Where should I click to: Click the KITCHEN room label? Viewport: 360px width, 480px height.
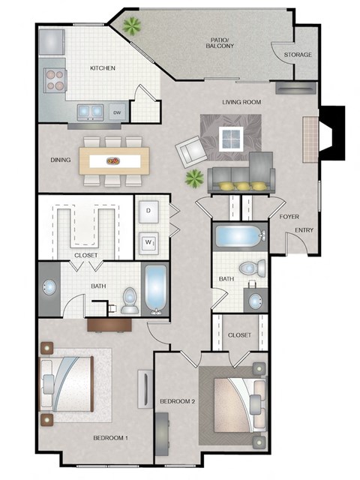tap(102, 68)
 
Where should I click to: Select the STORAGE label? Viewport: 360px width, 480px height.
tap(298, 55)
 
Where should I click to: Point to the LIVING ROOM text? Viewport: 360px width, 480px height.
tap(241, 101)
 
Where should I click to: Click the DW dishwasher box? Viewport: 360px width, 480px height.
tap(117, 112)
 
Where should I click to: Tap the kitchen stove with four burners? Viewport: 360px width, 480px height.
tap(55, 78)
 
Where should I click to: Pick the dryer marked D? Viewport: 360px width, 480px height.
tap(148, 211)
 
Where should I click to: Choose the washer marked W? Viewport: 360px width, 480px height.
tap(148, 242)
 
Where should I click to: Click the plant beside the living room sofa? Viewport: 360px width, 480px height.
tap(194, 178)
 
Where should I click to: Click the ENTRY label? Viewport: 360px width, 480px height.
tap(304, 230)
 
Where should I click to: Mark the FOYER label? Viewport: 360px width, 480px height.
tap(289, 216)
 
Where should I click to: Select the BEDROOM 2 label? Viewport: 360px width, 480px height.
tap(178, 401)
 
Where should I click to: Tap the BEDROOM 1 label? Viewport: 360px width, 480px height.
tap(111, 437)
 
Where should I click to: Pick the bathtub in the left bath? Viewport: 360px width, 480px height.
tap(155, 289)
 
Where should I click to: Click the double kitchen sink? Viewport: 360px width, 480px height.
tap(92, 112)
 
